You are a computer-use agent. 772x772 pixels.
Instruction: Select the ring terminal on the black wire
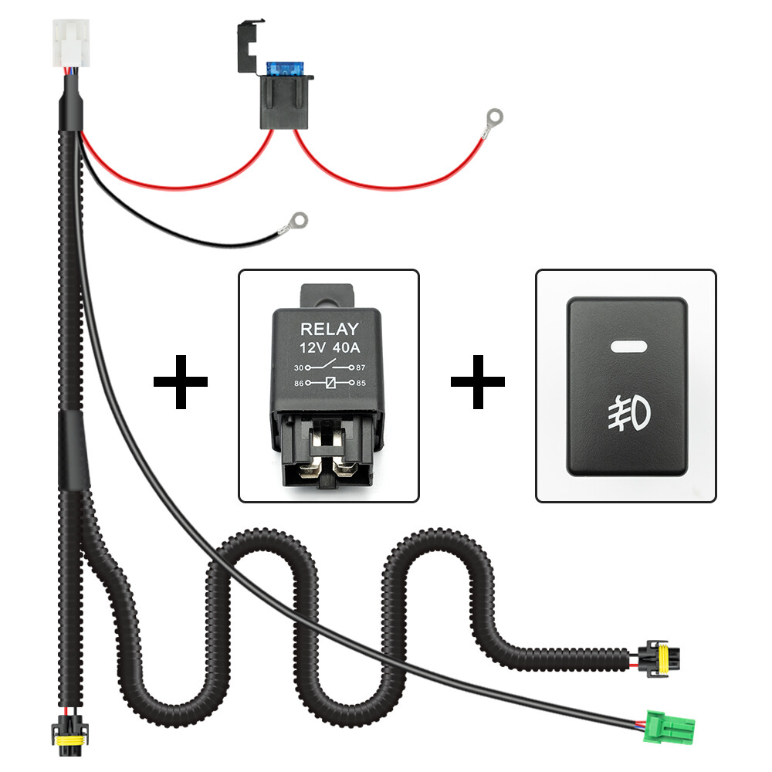[295, 223]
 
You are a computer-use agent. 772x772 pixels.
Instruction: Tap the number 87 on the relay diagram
[361, 368]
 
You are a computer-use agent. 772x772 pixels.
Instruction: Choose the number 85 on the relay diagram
[361, 382]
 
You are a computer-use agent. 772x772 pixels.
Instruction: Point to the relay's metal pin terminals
[329, 463]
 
